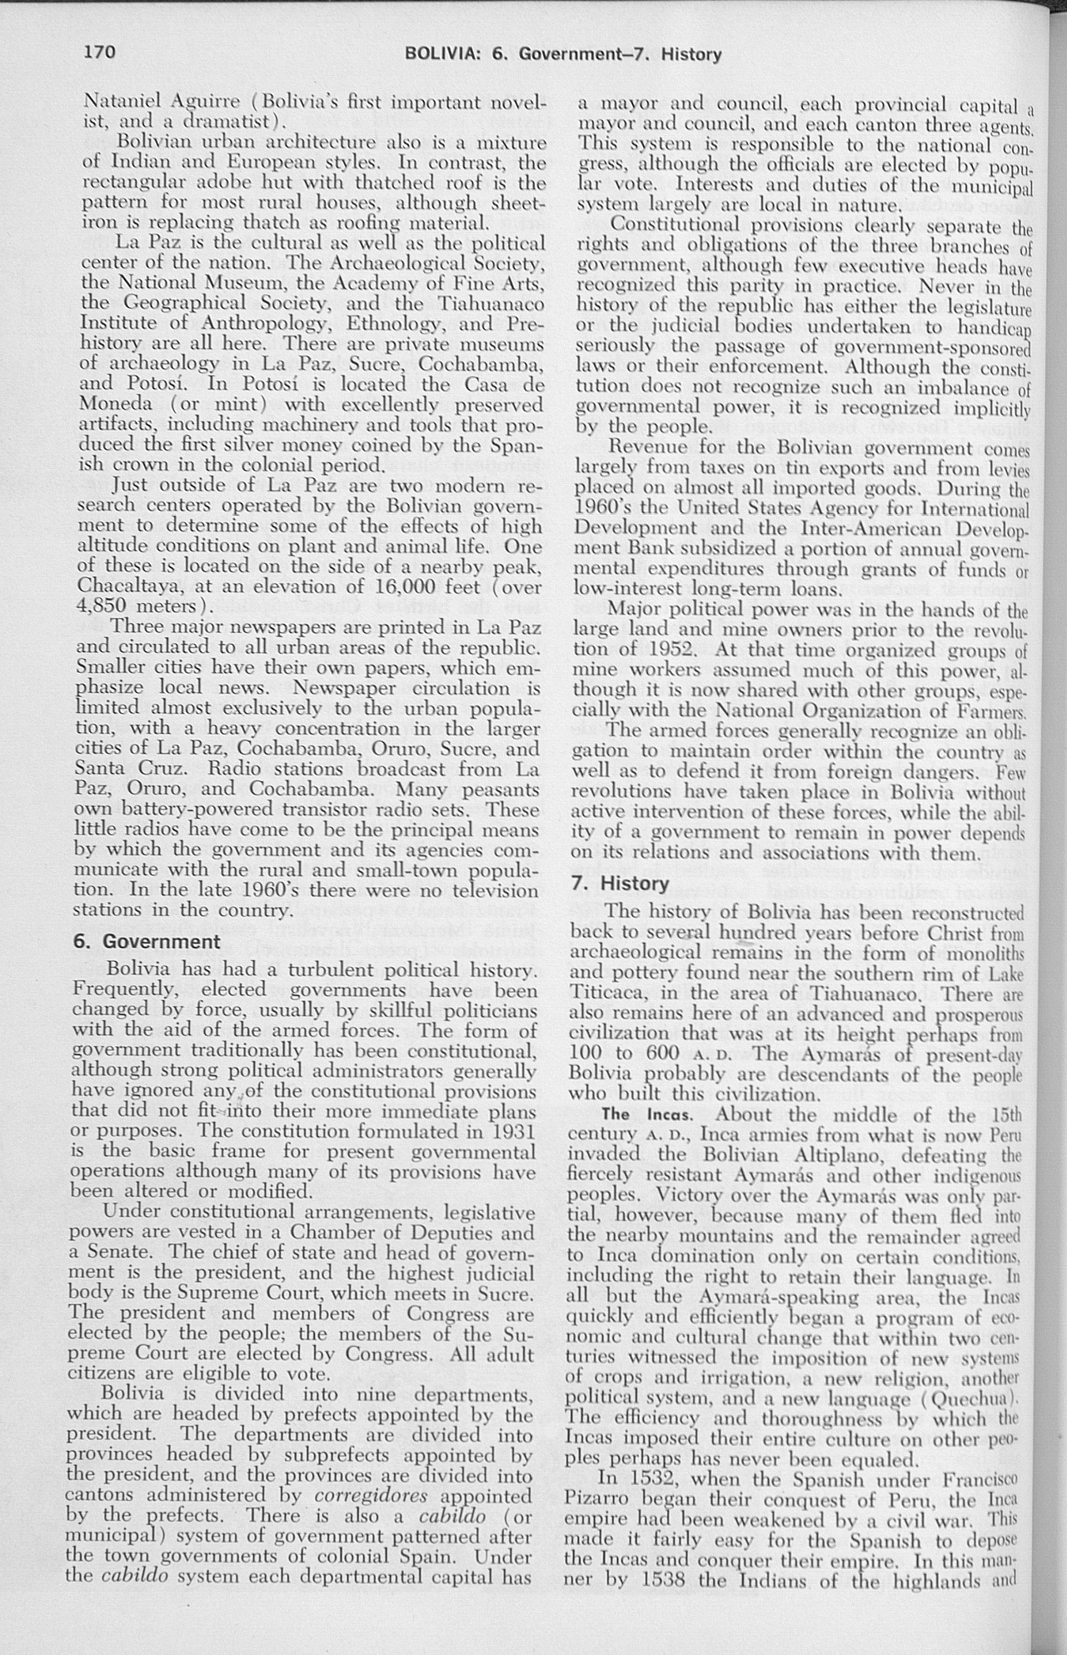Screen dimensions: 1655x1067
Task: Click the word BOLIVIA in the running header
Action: (x=440, y=55)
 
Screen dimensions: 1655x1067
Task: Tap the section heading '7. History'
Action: (x=621, y=883)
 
